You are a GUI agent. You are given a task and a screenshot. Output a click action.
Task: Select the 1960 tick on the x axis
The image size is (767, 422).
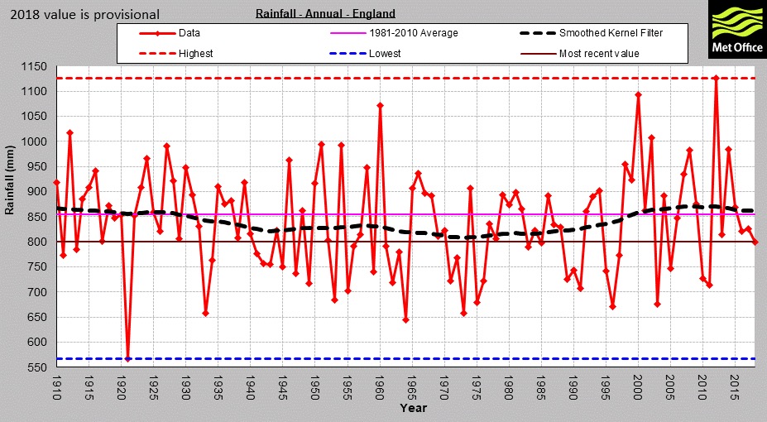point(380,386)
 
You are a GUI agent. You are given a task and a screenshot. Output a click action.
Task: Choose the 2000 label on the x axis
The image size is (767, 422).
point(638,386)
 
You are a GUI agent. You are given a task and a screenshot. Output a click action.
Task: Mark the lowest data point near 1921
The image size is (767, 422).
point(127,358)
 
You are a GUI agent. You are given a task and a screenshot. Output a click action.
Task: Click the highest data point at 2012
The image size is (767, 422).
point(716,78)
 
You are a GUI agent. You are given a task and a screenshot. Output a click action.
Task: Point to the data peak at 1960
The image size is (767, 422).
point(380,105)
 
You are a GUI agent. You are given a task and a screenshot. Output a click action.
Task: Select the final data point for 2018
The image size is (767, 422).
point(755,242)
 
